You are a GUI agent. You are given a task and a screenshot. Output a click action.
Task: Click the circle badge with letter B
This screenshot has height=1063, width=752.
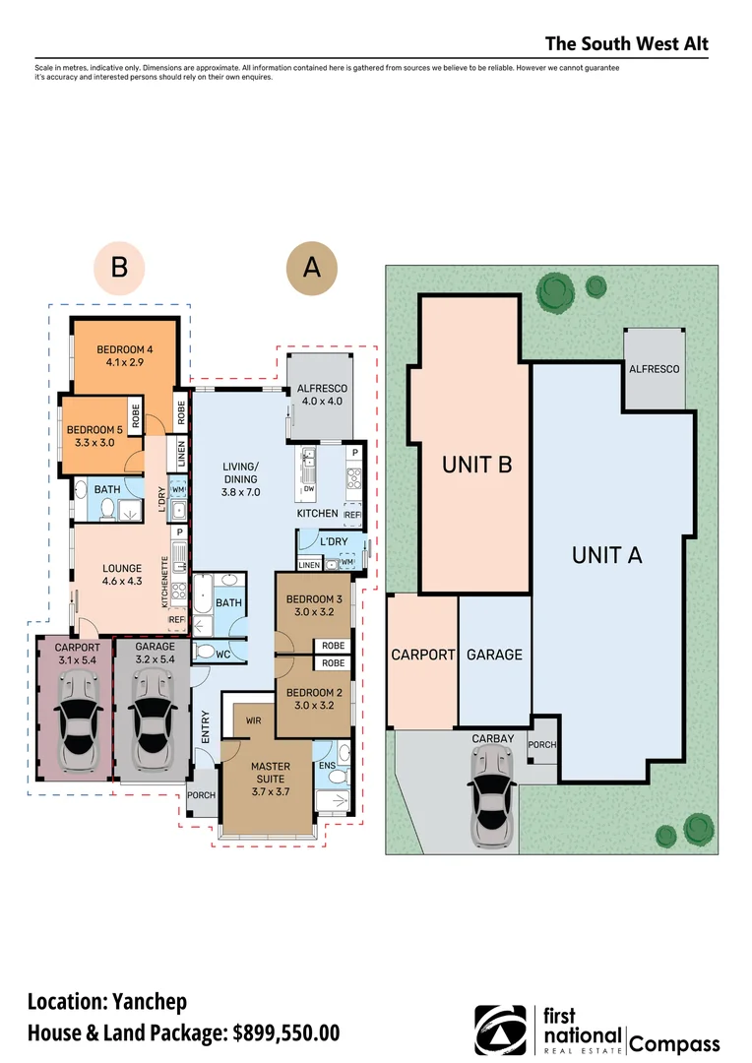point(119,267)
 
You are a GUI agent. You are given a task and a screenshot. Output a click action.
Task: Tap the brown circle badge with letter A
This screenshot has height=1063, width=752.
point(311,267)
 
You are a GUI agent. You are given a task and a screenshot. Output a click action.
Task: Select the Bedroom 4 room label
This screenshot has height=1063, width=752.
point(123,356)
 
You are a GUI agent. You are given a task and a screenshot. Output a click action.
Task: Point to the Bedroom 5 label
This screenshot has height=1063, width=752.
point(94,436)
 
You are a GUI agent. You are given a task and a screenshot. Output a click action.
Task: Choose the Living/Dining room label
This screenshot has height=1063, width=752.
point(240,479)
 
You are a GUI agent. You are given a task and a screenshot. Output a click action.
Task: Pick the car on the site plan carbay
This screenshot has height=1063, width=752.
point(491,795)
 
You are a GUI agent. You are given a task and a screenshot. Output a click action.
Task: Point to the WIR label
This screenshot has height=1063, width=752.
point(252,721)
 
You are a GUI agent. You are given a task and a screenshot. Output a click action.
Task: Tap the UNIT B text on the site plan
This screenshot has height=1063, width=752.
point(476,465)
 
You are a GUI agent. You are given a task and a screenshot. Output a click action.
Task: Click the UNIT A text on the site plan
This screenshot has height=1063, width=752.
point(607,555)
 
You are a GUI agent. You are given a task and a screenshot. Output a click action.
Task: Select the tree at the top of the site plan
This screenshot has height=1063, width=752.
point(554,292)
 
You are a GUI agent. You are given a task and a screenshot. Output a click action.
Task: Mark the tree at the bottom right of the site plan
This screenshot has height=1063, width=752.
point(699,829)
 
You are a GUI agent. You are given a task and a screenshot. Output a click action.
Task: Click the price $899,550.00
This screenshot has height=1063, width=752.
point(286,1032)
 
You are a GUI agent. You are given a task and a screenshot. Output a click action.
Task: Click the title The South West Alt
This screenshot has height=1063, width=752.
point(626,44)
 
